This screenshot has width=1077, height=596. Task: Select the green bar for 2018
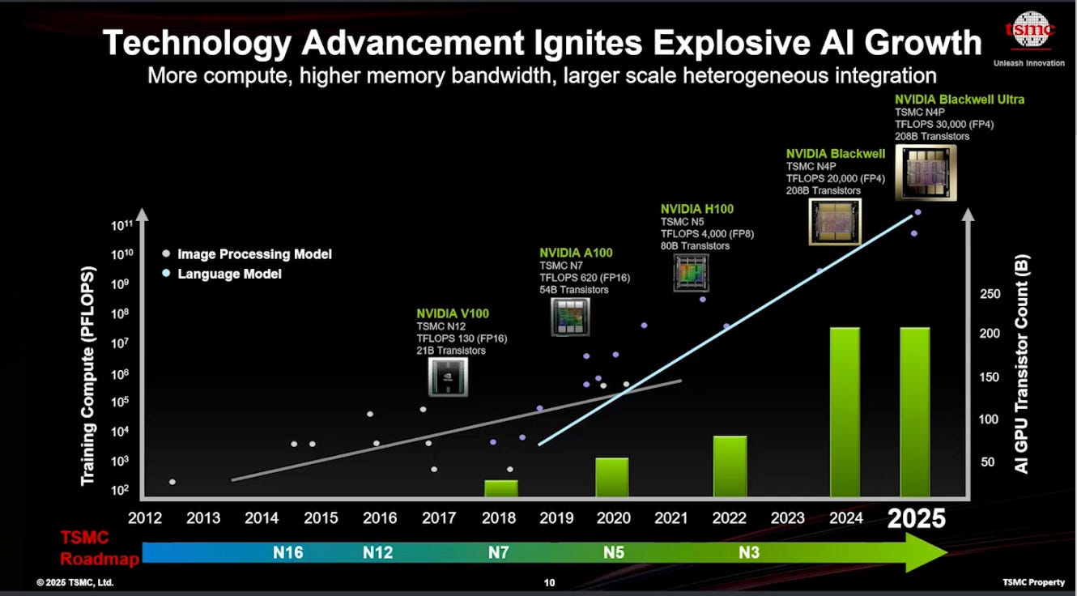500,488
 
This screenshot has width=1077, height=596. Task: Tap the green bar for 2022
730,466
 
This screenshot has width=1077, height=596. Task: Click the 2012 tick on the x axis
144,517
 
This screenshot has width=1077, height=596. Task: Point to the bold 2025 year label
917,518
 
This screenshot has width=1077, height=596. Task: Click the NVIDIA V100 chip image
448,377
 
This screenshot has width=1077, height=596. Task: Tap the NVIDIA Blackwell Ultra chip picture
926,172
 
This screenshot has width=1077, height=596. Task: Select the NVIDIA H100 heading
696,209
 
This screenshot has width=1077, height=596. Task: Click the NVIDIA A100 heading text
575,253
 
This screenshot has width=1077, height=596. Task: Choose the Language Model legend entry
229,274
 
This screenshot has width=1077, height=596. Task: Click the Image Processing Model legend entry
254,254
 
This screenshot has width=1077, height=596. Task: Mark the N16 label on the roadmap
287,553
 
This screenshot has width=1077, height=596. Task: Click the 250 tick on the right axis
990,293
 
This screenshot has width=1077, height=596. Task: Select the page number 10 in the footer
549,582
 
